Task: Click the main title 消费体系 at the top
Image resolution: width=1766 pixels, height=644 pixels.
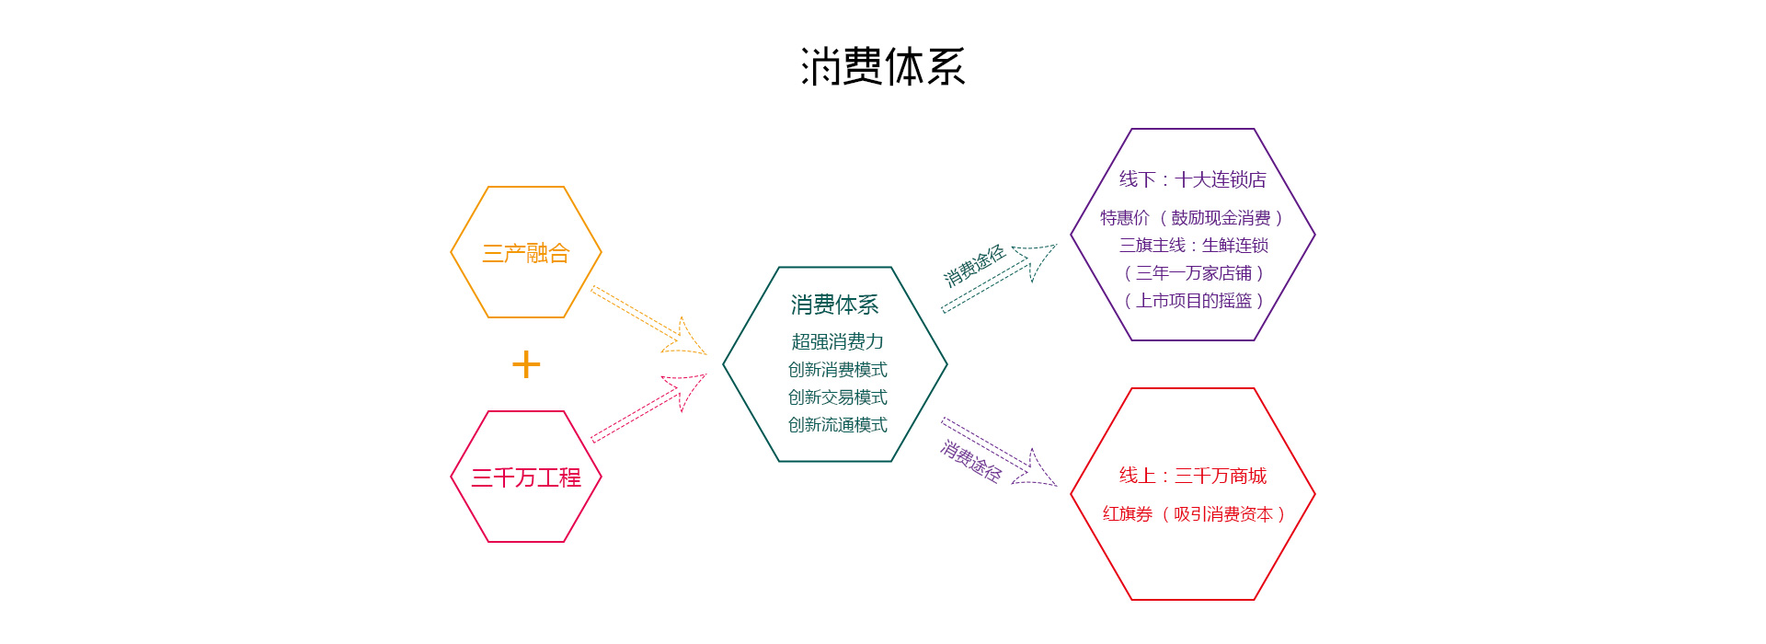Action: click(x=882, y=67)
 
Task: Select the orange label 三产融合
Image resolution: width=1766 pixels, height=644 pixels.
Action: click(x=526, y=253)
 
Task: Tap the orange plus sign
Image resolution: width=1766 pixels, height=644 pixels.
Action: click(x=526, y=364)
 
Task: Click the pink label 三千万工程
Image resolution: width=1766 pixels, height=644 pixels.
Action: click(x=526, y=477)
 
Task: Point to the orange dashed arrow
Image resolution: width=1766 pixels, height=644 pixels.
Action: click(x=648, y=321)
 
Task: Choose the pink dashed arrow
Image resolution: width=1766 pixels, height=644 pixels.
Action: click(x=648, y=409)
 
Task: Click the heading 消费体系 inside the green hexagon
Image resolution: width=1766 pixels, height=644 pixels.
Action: click(x=834, y=305)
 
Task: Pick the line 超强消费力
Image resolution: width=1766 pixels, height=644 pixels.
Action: click(x=837, y=342)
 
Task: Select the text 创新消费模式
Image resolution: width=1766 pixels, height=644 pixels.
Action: click(x=837, y=370)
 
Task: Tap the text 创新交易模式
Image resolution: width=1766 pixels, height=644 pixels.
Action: click(x=837, y=397)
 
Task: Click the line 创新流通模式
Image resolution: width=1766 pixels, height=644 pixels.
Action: click(x=837, y=425)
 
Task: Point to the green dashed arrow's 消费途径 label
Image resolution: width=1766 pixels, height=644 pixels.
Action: click(x=973, y=267)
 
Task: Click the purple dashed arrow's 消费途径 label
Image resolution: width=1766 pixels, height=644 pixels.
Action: click(x=971, y=461)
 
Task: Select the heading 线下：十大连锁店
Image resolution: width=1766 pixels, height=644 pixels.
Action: click(x=1192, y=179)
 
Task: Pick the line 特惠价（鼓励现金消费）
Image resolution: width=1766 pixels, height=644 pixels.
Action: click(x=1192, y=218)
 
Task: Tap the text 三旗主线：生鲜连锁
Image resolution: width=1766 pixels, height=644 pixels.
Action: click(x=1193, y=246)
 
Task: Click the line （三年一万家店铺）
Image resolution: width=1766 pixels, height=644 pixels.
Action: click(x=1193, y=273)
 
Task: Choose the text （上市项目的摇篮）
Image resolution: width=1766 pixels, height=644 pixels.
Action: click(x=1193, y=301)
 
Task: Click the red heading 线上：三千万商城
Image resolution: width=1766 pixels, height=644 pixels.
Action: click(x=1192, y=476)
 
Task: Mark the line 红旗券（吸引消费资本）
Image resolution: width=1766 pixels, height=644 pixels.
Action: click(x=1193, y=514)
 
